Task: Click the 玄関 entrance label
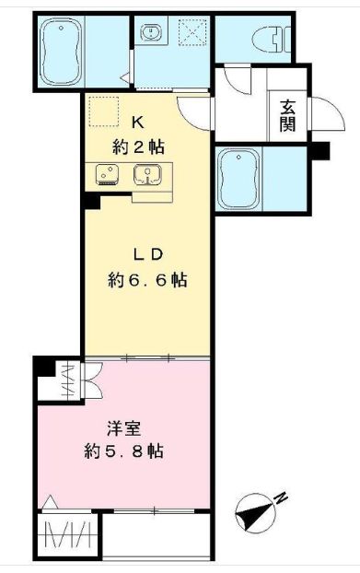pyautogui.click(x=287, y=115)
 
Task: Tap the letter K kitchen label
pyautogui.click(x=137, y=122)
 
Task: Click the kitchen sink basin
pyautogui.click(x=146, y=173)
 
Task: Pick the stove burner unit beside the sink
pyautogui.click(x=103, y=174)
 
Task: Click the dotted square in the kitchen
pyautogui.click(x=103, y=111)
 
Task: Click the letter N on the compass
pyautogui.click(x=282, y=498)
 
